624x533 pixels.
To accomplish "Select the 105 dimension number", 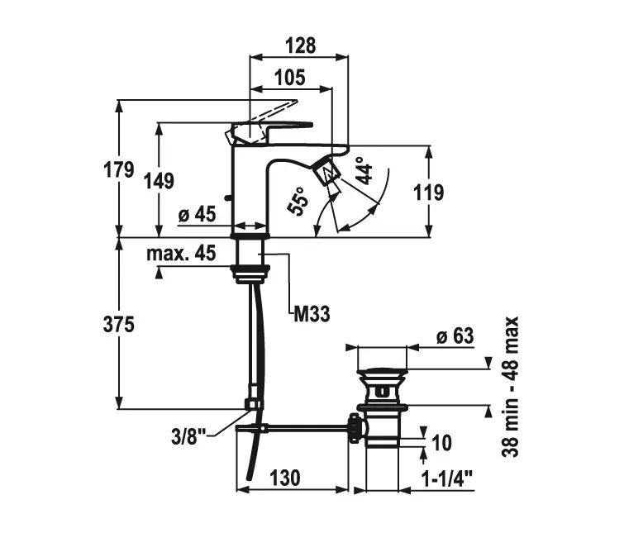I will click(x=290, y=78).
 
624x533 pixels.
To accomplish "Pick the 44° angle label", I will click(x=363, y=170).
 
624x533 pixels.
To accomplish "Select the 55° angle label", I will click(x=298, y=201).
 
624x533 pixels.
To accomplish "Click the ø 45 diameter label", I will click(x=197, y=215).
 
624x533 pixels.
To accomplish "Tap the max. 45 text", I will click(x=181, y=253).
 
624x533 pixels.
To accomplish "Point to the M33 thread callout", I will click(x=312, y=312).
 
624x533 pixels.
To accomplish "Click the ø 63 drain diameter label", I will click(x=454, y=337).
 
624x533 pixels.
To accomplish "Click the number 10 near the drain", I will click(x=441, y=443).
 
